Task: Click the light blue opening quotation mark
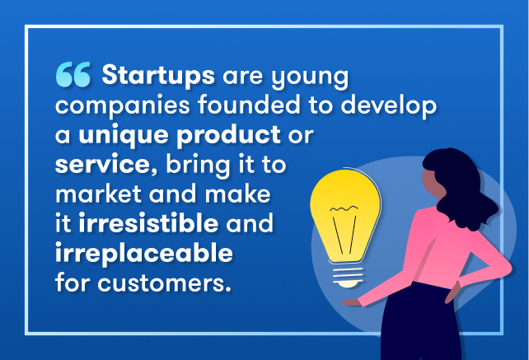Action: point(73,74)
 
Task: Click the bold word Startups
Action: point(158,76)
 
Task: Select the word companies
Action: point(123,106)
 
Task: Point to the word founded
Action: point(249,105)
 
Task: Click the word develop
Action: point(389,106)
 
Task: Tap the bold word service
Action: point(102,165)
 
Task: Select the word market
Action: point(98,194)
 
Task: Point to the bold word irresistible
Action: point(148,223)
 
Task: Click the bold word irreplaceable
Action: point(144,254)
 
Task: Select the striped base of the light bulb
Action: point(349,277)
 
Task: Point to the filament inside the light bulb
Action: point(344,230)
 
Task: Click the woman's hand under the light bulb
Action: point(352,302)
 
